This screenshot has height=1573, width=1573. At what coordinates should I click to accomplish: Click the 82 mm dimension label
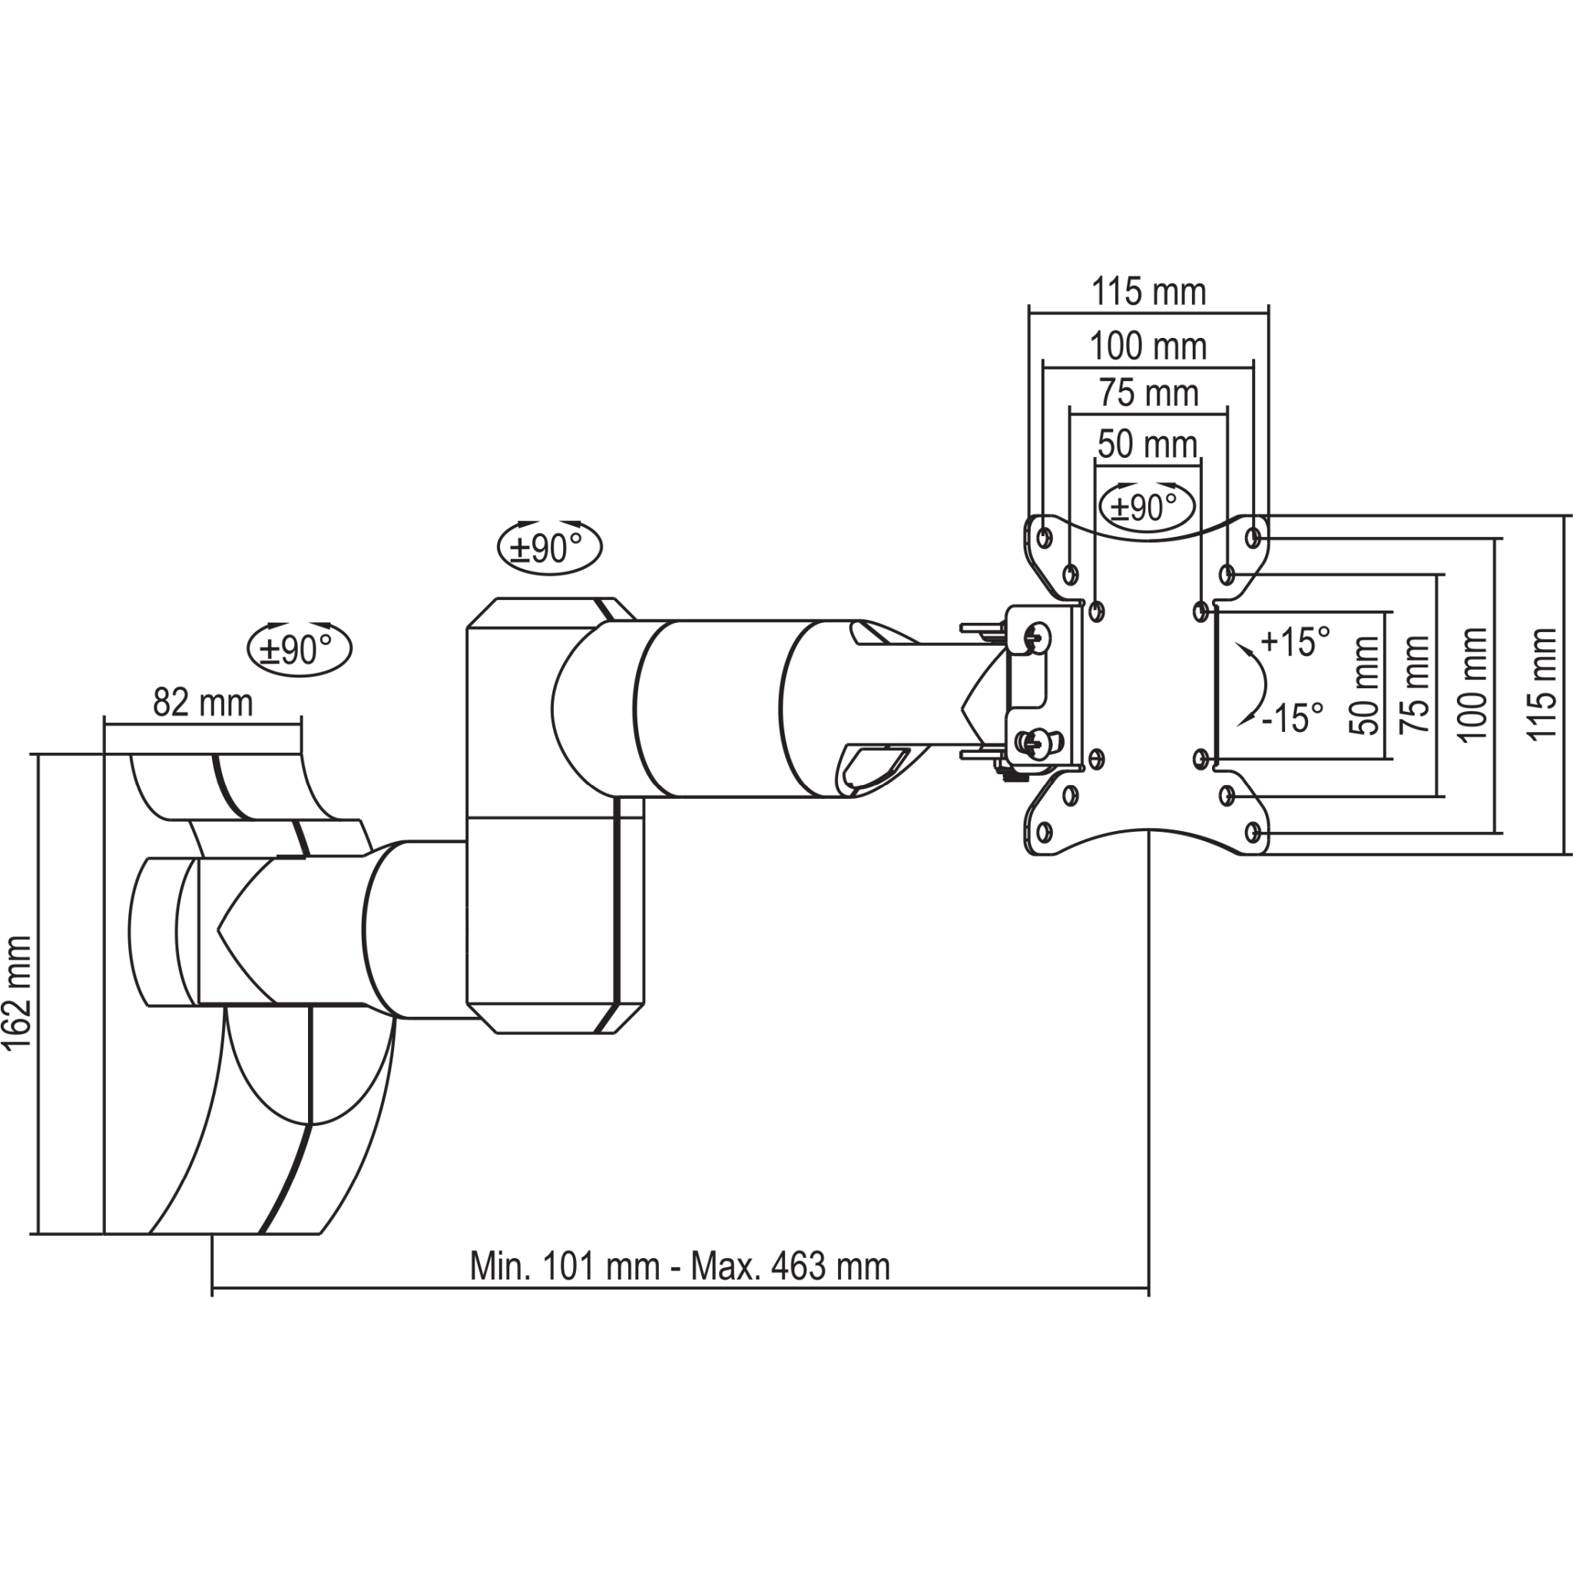coord(203,703)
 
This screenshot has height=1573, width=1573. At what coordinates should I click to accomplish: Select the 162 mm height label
coord(17,994)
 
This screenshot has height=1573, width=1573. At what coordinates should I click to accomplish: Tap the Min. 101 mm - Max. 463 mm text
coord(680,1266)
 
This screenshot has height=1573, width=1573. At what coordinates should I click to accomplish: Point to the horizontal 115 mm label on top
coord(1148,291)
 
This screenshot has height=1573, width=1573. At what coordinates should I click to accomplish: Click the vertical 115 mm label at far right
coord(1542,684)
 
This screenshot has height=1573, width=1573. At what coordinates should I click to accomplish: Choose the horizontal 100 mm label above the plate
coord(1148,347)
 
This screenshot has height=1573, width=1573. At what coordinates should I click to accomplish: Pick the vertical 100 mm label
coord(1473,684)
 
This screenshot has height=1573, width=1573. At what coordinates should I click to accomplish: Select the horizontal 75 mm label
coord(1149,393)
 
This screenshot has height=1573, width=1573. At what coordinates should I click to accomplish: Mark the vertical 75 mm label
coord(1414,684)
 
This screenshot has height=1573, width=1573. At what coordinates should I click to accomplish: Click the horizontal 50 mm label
coord(1147,445)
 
